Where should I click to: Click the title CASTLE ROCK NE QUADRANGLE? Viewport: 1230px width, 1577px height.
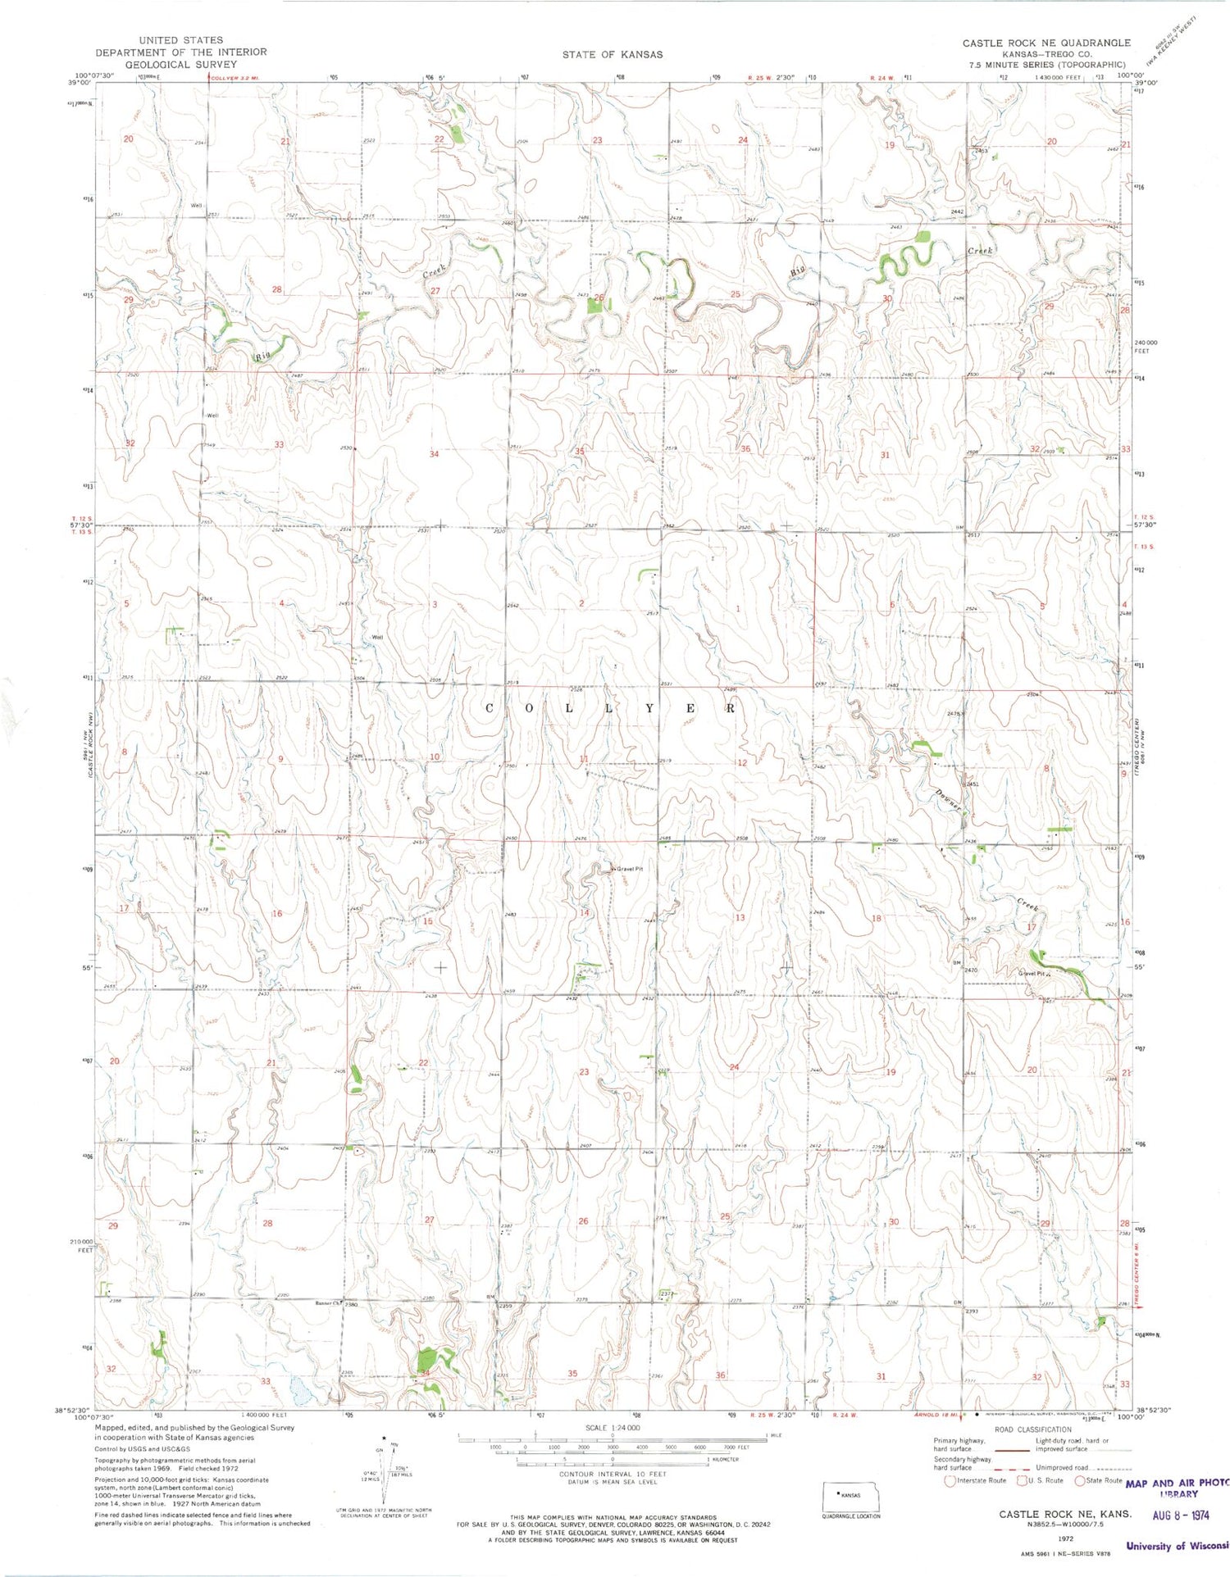point(1045,43)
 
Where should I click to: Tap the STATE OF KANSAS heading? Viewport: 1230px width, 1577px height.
point(612,54)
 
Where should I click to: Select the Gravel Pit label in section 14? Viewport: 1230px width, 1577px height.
point(630,869)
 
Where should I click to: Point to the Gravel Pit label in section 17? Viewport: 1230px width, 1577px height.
point(1031,974)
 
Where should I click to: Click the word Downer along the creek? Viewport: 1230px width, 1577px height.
point(948,800)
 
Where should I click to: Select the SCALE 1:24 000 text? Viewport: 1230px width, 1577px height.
point(612,1428)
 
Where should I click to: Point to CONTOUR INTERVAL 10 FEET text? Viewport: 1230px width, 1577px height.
point(612,1474)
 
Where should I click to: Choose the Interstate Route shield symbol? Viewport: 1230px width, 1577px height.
point(950,1480)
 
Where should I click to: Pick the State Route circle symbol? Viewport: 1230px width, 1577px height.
point(1079,1480)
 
